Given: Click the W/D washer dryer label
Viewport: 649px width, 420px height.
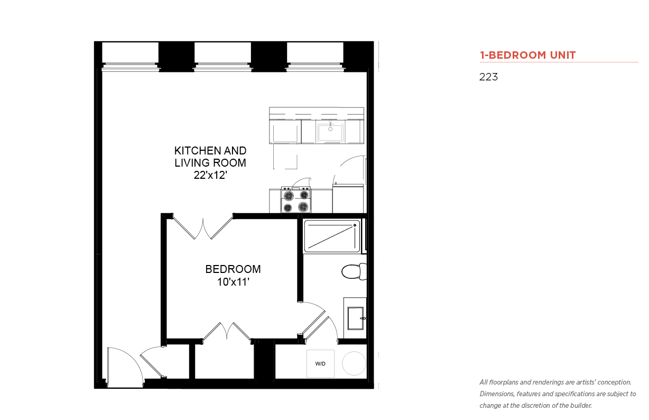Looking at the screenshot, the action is click(320, 364).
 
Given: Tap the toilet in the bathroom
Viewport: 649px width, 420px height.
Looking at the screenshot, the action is click(354, 271).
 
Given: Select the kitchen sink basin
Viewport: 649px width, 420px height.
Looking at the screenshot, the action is click(330, 133).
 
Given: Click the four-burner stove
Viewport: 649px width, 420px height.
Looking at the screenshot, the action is click(296, 200).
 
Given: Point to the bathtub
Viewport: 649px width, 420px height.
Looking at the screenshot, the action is click(332, 236).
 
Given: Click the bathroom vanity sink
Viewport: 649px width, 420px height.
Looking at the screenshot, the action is click(356, 318).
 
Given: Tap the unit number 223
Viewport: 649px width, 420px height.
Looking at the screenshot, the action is click(488, 77).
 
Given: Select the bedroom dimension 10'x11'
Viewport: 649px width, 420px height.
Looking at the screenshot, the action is click(233, 281).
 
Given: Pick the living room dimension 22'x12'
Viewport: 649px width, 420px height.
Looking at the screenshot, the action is click(210, 175).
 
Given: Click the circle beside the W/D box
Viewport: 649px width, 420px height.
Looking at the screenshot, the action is click(354, 363).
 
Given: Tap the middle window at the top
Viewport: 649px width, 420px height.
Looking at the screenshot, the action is click(222, 56).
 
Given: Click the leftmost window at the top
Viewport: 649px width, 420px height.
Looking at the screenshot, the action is click(130, 56).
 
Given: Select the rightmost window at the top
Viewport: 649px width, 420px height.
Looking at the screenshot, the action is click(315, 56).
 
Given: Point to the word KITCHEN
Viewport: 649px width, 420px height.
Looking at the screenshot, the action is click(195, 151).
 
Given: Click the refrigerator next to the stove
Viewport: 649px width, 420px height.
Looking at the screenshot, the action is click(348, 199).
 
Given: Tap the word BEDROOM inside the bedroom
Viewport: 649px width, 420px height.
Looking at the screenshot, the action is click(233, 269).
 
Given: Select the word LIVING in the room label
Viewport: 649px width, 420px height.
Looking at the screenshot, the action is click(190, 163).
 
